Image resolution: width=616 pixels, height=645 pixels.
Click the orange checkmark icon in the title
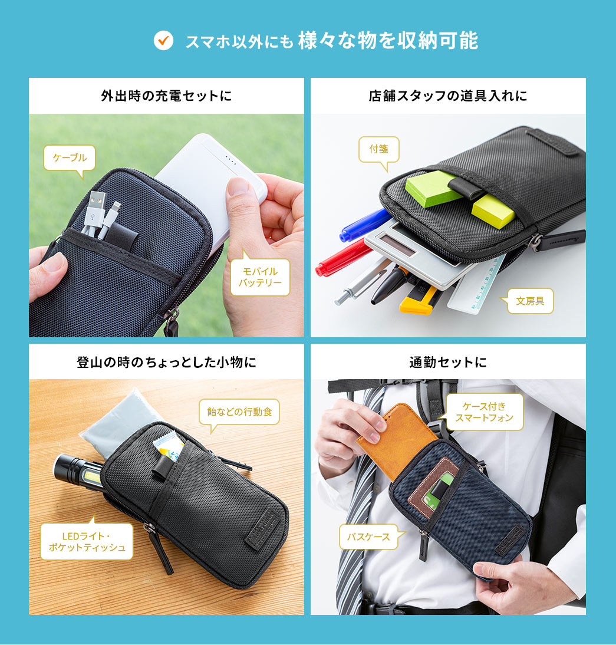tap(163, 40)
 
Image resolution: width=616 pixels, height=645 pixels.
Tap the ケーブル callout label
tap(70, 157)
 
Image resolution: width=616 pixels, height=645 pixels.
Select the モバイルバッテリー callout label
tap(260, 277)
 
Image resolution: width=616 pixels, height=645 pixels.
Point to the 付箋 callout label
tap(378, 149)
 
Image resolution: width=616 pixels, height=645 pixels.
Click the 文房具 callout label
tap(530, 301)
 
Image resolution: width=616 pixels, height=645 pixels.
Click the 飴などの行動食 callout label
tap(239, 412)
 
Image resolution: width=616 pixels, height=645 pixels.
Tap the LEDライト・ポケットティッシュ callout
tap(87, 541)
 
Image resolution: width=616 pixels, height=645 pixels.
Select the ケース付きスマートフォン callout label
tap(484, 412)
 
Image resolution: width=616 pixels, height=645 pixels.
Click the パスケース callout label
tap(368, 537)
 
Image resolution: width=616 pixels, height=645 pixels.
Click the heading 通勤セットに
tap(448, 362)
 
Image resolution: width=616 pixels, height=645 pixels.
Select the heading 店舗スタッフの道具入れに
tap(448, 96)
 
